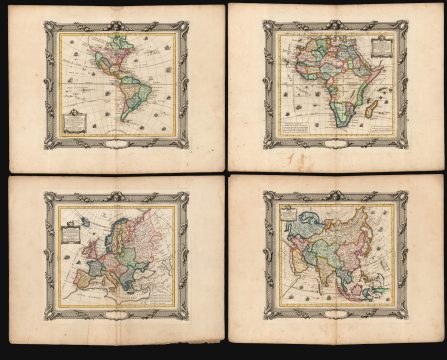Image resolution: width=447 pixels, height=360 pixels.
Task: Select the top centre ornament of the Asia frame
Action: (335, 191)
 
